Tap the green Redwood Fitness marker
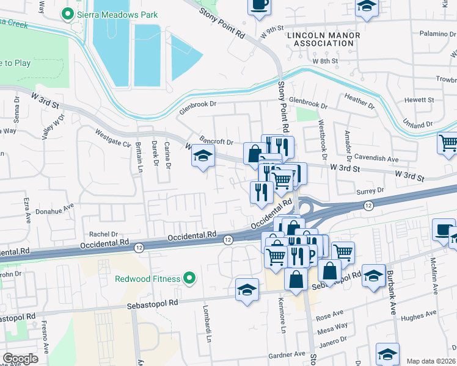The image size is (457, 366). tap(189, 279)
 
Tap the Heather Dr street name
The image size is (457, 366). tap(360, 101)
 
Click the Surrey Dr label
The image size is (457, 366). tap(370, 190)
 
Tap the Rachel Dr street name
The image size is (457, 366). tap(103, 234)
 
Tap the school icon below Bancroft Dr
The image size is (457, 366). tap(203, 156)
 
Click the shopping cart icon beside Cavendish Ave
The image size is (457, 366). tap(448, 143)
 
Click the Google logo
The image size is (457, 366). tap(21, 358)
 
